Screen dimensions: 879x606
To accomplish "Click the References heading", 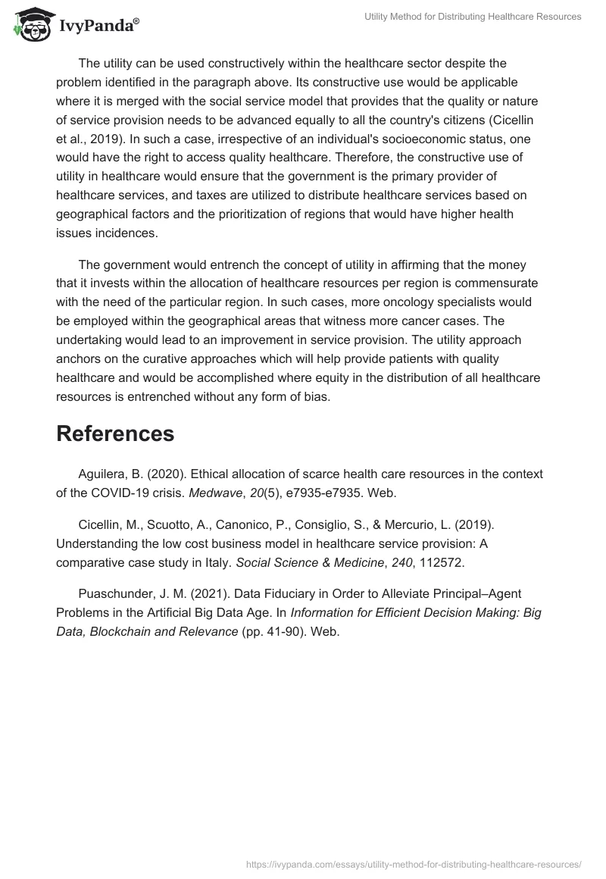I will point(115,433).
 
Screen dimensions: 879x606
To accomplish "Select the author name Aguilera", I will point(104,474).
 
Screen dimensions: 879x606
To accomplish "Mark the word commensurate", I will point(500,283).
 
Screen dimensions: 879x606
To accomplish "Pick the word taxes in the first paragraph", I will point(226,195).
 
